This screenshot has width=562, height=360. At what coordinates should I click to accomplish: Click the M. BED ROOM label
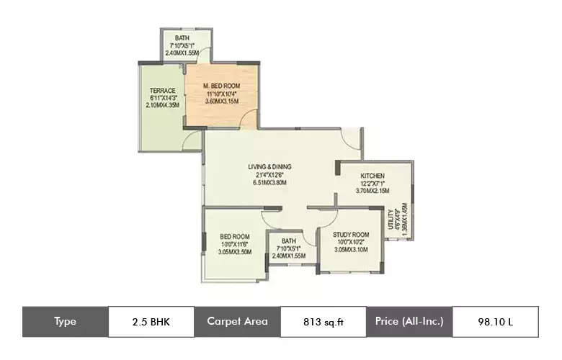(221, 86)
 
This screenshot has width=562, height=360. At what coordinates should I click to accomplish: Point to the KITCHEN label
(373, 176)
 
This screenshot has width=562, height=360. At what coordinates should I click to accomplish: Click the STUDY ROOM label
(351, 235)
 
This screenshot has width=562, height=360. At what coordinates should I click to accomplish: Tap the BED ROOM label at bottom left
(235, 237)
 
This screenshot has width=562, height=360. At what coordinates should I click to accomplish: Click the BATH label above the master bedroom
(182, 37)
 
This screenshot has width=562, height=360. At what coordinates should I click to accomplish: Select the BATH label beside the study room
(289, 241)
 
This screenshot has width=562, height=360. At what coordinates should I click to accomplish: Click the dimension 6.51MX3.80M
(270, 183)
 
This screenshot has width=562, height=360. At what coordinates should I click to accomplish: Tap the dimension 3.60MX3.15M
(221, 102)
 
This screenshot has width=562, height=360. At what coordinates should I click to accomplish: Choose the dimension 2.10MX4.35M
(163, 106)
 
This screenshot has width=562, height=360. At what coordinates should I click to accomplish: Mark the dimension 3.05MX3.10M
(351, 250)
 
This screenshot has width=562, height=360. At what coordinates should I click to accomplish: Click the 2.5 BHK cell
(151, 322)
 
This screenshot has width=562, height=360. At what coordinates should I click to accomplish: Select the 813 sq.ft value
(323, 322)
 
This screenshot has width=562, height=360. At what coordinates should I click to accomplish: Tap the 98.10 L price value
(495, 322)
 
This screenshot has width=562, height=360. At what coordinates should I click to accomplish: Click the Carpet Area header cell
(237, 322)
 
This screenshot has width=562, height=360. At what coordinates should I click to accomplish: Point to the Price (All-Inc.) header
(409, 322)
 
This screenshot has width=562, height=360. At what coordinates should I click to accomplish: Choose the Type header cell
(65, 322)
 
